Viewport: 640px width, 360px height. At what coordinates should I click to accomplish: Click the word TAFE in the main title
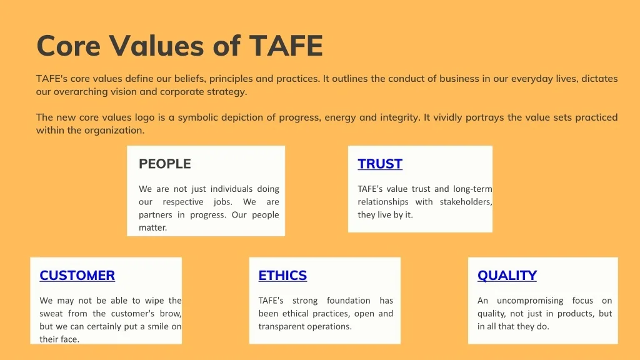286,45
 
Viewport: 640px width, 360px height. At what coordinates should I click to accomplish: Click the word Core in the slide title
69,45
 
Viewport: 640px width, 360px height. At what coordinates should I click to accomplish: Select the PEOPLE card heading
165,164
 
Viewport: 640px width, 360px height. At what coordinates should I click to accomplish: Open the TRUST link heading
380,164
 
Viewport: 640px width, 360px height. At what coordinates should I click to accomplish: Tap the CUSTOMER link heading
77,276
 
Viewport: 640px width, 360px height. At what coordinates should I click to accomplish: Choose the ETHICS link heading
282,276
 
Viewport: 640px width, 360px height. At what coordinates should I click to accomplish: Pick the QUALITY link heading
507,276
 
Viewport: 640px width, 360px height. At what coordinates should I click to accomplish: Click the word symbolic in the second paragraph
197,117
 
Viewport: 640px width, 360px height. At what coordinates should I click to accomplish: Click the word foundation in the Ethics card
349,301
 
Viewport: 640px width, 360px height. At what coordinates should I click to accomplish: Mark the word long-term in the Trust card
472,189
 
